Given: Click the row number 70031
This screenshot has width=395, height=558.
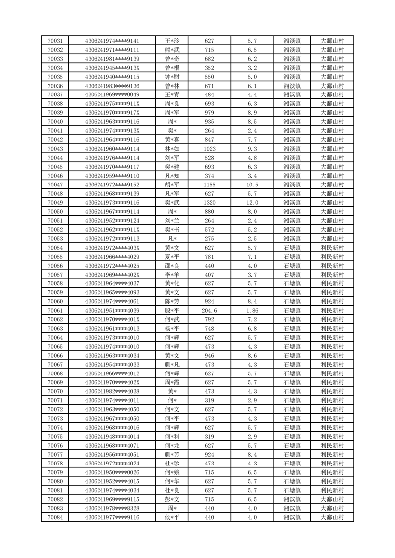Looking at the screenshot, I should (x=55, y=41).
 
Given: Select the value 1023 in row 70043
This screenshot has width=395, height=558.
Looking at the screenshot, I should (x=209, y=149).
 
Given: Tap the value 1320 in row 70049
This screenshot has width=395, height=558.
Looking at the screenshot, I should (x=209, y=203).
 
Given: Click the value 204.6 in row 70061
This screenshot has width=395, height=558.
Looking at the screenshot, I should (x=209, y=310).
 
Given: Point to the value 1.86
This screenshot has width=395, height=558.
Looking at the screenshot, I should (x=252, y=310).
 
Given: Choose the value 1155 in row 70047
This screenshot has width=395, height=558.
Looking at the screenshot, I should (x=209, y=185).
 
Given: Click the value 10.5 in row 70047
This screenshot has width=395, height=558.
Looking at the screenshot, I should (x=252, y=185).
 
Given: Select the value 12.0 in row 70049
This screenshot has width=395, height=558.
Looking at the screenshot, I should (x=252, y=203).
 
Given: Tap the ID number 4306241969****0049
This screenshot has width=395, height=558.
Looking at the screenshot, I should (x=112, y=94).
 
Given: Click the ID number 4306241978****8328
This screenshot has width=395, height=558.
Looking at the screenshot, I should (x=112, y=508).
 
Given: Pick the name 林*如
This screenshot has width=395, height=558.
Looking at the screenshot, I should (x=172, y=149).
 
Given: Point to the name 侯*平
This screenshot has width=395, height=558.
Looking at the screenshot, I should (x=172, y=517).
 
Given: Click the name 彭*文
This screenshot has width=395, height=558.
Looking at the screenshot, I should (x=172, y=499).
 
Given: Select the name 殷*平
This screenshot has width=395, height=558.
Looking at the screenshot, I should (x=172, y=310).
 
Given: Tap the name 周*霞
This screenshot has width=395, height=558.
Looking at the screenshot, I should (x=172, y=382).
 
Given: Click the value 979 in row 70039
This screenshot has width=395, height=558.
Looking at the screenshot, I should (x=209, y=113).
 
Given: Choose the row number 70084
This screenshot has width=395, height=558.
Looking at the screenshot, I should (x=55, y=517).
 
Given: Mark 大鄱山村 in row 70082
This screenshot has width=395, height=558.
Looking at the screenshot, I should (x=332, y=499).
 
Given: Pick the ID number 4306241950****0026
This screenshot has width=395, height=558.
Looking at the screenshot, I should (x=112, y=472).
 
